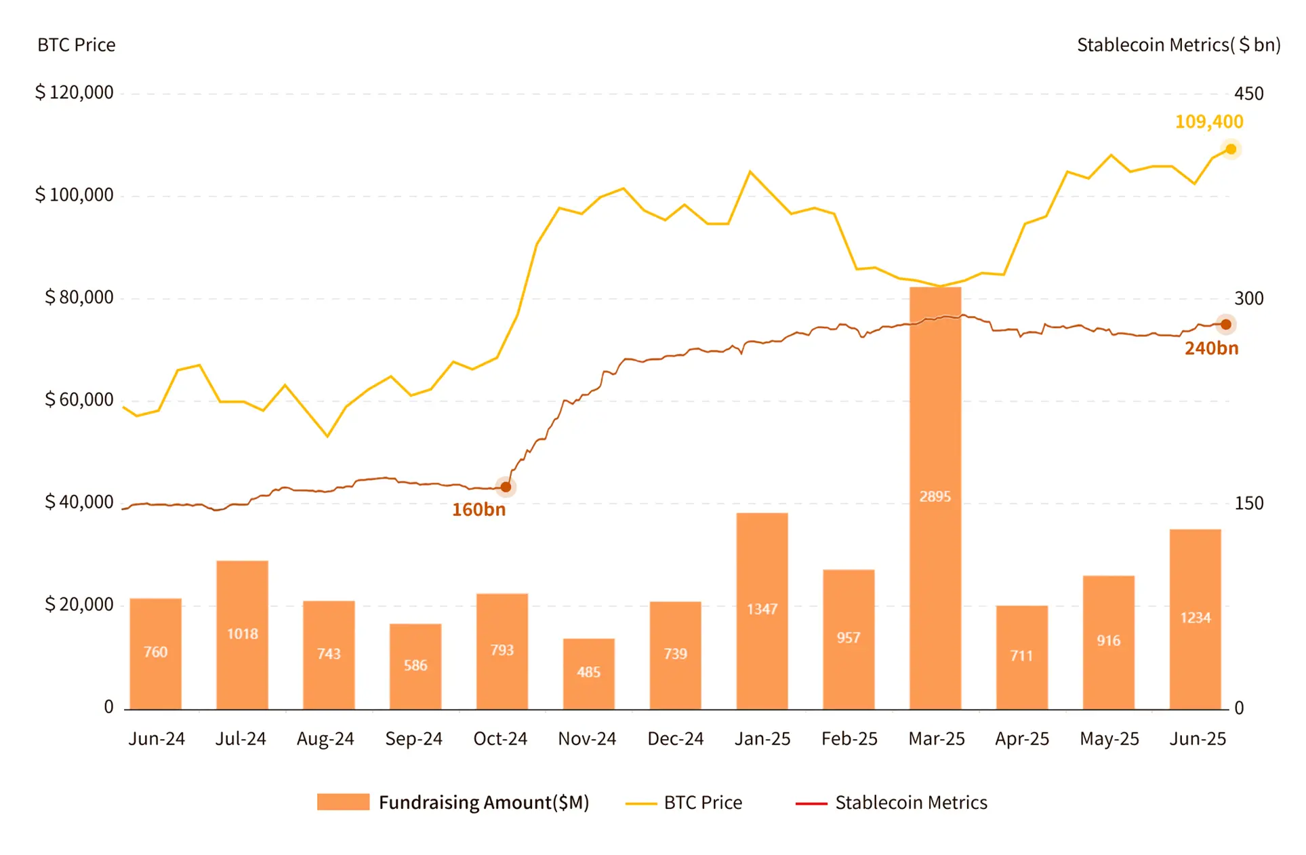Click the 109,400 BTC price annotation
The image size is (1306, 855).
(1208, 122)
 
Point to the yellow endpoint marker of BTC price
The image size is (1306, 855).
(1231, 149)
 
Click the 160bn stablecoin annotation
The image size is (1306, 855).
(478, 510)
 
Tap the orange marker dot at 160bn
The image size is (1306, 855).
(506, 487)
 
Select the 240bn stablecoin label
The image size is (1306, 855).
(1211, 349)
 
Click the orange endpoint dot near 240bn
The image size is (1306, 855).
(1225, 325)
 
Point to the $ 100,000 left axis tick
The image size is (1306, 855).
(75, 195)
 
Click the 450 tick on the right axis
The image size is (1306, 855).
(1248, 94)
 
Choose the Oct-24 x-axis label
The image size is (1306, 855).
(500, 738)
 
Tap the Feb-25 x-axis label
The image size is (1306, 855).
(849, 738)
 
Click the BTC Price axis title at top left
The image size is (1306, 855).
(76, 45)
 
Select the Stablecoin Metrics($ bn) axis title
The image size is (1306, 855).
(1178, 45)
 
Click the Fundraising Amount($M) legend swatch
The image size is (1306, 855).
(343, 802)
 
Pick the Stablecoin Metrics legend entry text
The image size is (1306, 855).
(910, 803)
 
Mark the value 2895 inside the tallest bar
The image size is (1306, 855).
(935, 497)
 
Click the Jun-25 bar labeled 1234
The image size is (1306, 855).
(1195, 618)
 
